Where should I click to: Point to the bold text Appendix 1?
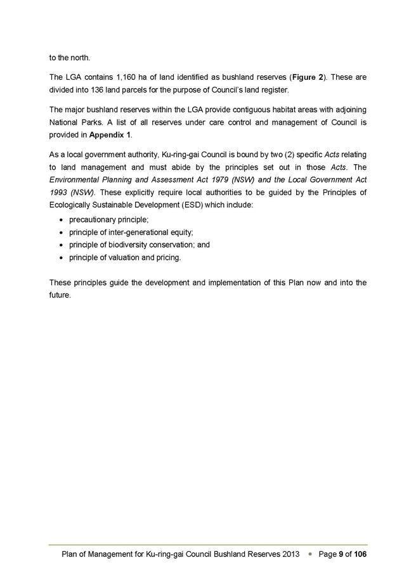[110, 135]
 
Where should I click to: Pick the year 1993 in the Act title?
[60, 191]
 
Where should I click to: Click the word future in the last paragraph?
[59, 295]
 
